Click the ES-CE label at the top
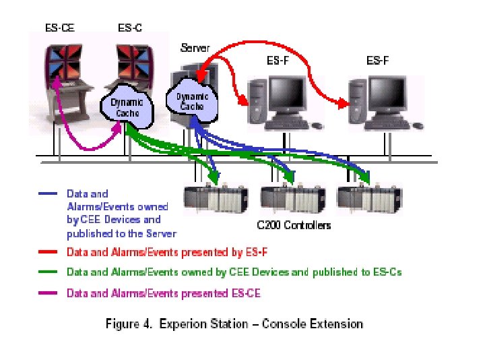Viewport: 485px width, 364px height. tap(60, 28)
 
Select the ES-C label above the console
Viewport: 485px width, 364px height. tap(129, 28)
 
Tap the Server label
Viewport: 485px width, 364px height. tap(195, 48)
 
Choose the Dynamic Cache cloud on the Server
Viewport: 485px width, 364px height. tap(192, 100)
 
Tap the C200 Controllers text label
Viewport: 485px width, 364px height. tap(294, 225)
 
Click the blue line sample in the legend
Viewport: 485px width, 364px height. tap(48, 194)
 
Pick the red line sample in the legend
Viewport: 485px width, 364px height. tap(48, 253)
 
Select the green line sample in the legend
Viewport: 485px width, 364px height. tap(48, 273)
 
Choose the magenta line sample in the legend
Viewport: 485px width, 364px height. tap(48, 293)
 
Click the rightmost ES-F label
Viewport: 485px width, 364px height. tap(377, 60)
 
